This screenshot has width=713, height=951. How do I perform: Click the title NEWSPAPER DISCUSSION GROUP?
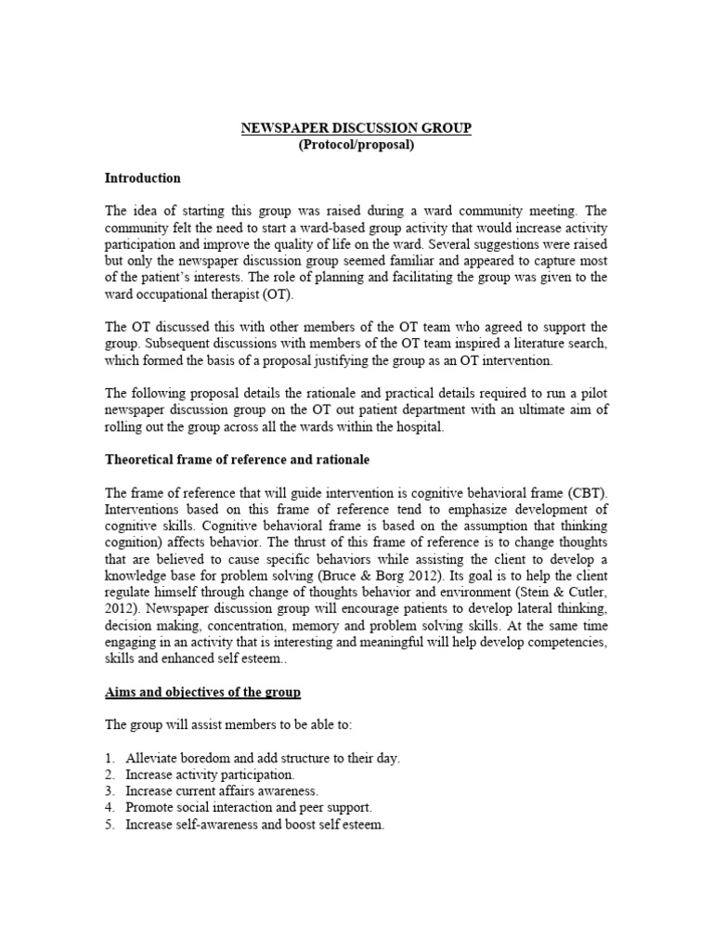[x=356, y=128]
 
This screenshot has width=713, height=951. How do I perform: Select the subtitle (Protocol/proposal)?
[x=356, y=145]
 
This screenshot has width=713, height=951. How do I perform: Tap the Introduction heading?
[x=142, y=177]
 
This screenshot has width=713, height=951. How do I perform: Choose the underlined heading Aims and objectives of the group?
[x=202, y=693]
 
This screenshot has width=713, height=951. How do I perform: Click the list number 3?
[x=110, y=791]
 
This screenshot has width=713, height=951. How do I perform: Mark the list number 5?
[x=110, y=825]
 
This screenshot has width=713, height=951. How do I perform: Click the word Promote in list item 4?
[x=149, y=808]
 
